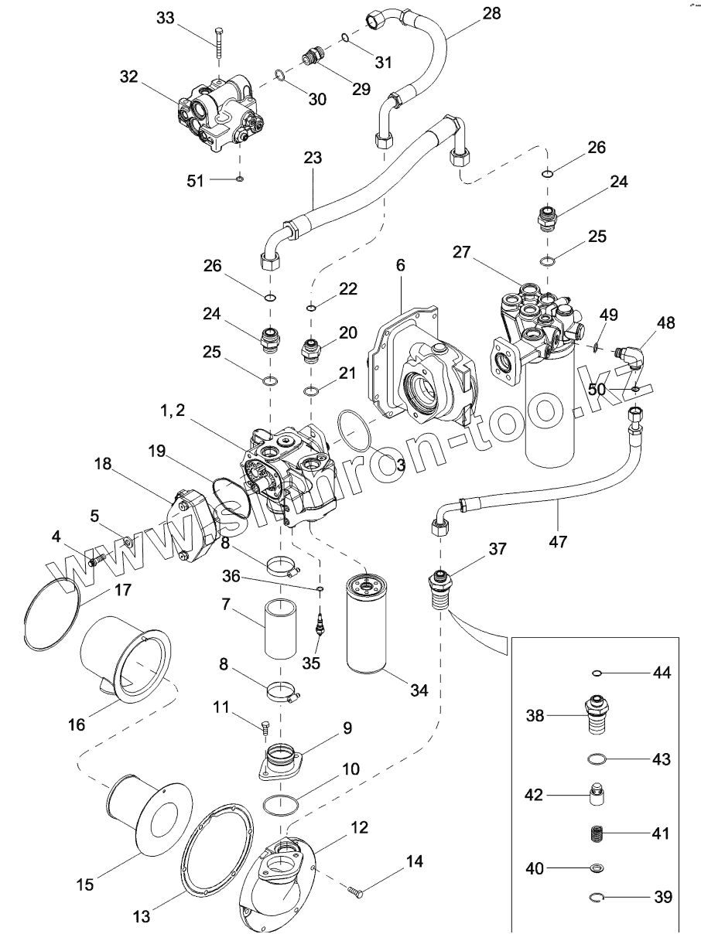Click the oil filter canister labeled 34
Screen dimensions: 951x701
coord(376,619)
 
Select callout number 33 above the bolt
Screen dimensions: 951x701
coord(166,19)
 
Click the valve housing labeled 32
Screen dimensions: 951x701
coord(218,114)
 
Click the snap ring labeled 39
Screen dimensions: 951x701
coord(597,897)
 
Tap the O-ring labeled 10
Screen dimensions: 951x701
coord(282,803)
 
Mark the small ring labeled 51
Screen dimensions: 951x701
coord(240,179)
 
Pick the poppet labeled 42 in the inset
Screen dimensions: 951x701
coord(597,796)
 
